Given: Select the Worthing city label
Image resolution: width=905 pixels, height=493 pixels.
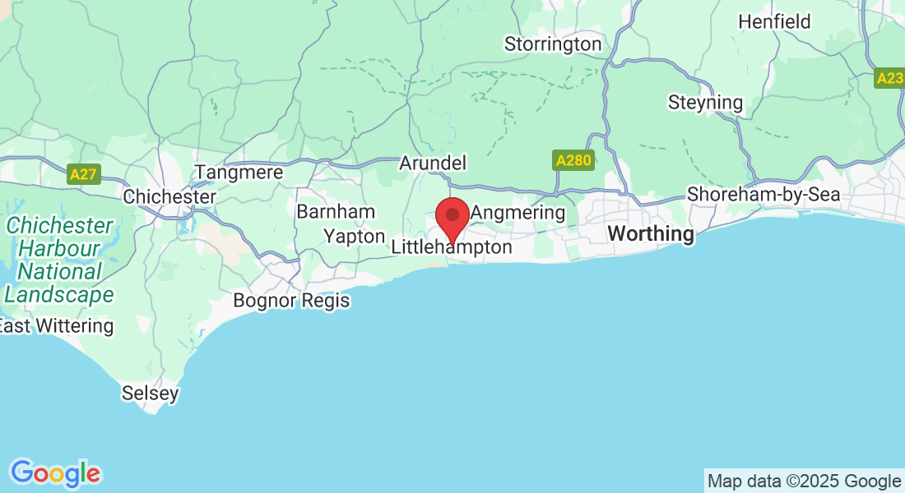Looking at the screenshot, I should pyautogui.click(x=651, y=234).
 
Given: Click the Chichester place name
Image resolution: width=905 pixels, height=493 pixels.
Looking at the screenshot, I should pyautogui.click(x=169, y=197).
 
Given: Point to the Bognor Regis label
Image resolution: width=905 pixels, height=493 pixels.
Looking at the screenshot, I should pyautogui.click(x=291, y=301).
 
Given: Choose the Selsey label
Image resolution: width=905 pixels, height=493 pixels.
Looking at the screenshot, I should pyautogui.click(x=150, y=394).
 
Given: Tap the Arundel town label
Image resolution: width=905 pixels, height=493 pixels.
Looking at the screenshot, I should pyautogui.click(x=432, y=163).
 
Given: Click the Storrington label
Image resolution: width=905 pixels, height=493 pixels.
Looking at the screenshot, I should pyautogui.click(x=553, y=44).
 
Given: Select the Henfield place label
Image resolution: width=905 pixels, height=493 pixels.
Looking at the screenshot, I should pyautogui.click(x=774, y=21).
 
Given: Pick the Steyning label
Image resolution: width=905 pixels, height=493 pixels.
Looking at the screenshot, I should pyautogui.click(x=705, y=104).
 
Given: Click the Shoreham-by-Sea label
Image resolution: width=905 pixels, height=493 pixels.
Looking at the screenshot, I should pyautogui.click(x=763, y=195).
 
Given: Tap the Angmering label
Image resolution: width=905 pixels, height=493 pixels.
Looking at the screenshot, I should pyautogui.click(x=518, y=214).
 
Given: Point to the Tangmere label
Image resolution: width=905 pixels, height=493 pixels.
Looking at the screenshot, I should pyautogui.click(x=239, y=173).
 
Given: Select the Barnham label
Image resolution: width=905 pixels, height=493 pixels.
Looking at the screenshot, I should pyautogui.click(x=336, y=212).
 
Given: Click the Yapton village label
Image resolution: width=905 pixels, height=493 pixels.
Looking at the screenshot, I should pyautogui.click(x=354, y=237).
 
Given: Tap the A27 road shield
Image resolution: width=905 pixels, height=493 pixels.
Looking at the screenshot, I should pyautogui.click(x=83, y=174).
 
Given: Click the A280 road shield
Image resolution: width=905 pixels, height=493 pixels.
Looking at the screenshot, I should pyautogui.click(x=573, y=160).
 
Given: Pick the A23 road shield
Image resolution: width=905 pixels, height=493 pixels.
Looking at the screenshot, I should pyautogui.click(x=889, y=78).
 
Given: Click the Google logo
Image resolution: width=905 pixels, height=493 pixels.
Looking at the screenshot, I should pyautogui.click(x=55, y=472).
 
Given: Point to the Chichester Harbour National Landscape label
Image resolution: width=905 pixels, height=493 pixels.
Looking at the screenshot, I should pyautogui.click(x=59, y=260).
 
